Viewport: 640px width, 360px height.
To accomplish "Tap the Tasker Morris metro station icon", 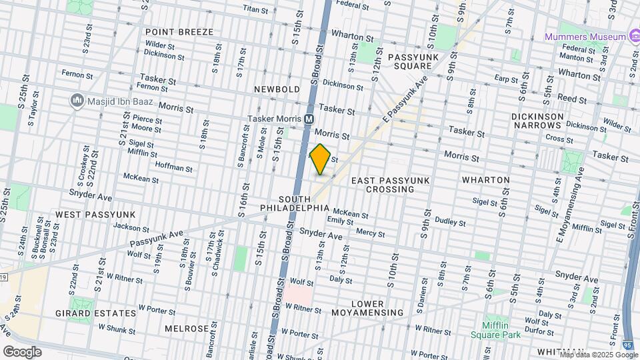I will coord(309,119).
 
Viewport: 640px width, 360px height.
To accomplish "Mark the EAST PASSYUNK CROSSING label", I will coord(391,185).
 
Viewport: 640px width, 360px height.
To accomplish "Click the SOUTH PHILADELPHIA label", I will coord(304,203).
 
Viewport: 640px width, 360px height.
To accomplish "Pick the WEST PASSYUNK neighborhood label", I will coord(95,214).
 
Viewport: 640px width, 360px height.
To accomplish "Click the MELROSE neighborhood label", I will coord(187,329).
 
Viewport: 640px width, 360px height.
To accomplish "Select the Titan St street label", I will coord(255,10).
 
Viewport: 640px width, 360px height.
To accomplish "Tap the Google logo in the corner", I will coord(22,351).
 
